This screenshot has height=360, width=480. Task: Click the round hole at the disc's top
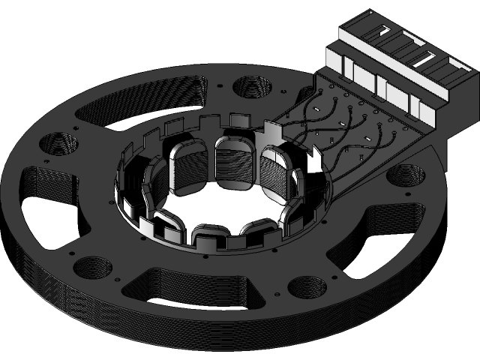(252, 85)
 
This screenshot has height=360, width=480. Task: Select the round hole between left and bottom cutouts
(93, 268)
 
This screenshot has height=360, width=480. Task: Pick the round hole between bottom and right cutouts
(305, 286)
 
